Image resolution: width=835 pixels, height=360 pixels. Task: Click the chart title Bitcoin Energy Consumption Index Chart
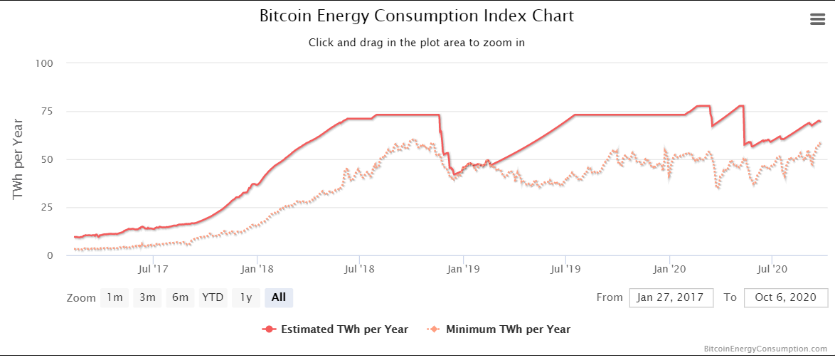417,16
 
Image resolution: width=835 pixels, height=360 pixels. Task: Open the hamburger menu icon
818,19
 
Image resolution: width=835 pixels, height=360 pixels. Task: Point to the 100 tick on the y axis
45,63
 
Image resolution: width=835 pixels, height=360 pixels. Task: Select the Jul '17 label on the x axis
154,269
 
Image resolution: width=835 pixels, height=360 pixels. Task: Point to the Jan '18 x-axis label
257,269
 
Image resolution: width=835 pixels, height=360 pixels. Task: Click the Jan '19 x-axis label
463,269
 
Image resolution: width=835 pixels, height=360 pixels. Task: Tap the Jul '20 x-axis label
772,269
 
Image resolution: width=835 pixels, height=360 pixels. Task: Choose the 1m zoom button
115,297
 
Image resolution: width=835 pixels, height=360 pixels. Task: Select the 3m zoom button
147,297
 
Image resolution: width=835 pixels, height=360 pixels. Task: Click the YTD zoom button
213,297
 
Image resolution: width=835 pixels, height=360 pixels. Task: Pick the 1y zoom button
245,297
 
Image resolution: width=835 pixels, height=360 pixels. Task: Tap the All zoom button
278,297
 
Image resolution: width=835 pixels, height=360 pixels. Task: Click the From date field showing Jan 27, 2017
671,297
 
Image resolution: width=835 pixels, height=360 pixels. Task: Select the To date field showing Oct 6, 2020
786,297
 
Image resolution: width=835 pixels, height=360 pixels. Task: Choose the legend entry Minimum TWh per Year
508,329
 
